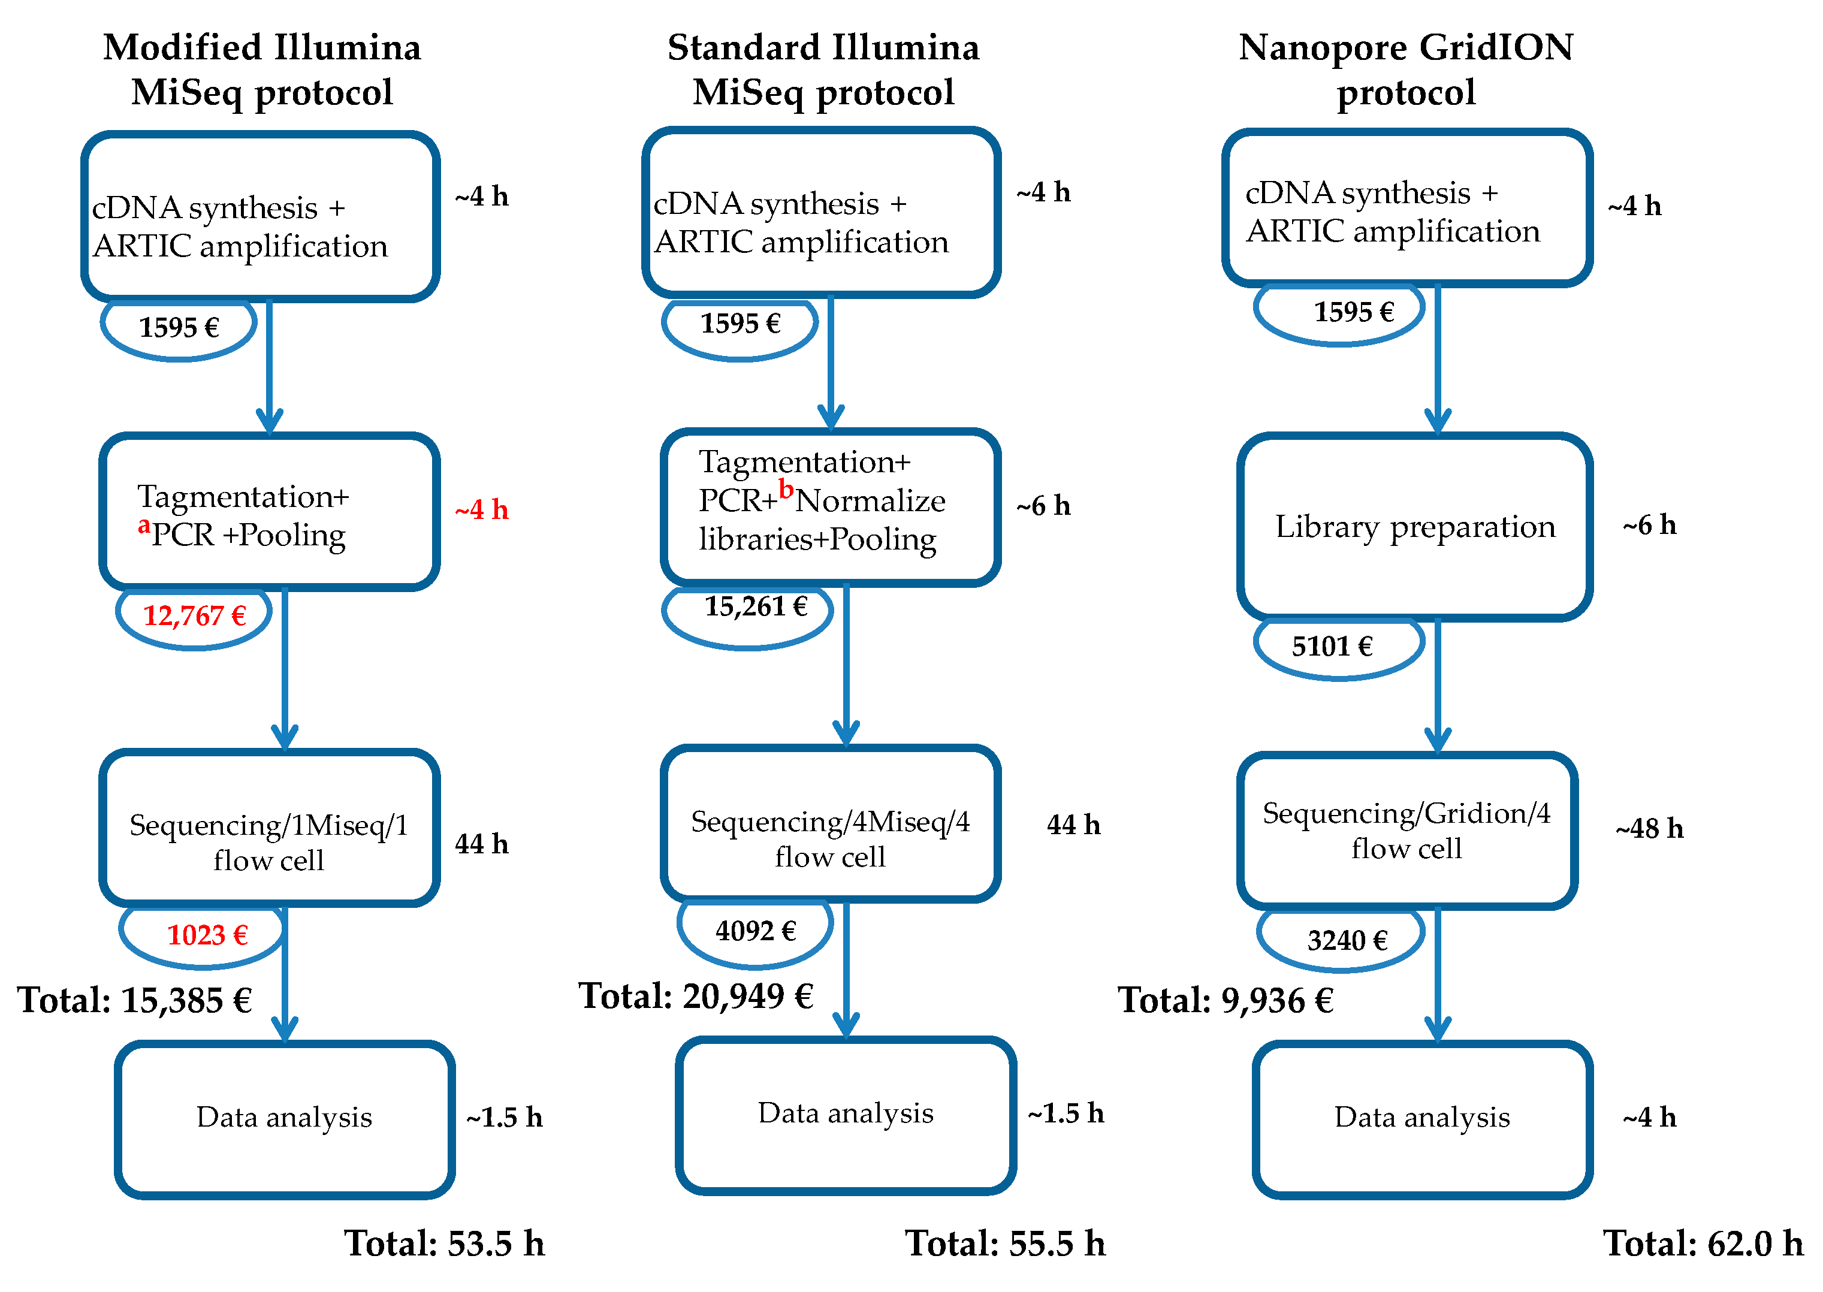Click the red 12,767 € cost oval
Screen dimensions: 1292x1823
(194, 617)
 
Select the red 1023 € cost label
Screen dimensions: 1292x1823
(206, 935)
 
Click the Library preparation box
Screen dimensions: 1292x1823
(1414, 527)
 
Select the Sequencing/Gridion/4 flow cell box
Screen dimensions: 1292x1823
(1407, 831)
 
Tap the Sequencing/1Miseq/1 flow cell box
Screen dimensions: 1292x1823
(269, 828)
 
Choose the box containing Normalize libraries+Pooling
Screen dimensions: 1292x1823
(829, 505)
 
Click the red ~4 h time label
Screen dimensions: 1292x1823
(481, 510)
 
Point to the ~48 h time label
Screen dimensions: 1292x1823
(1649, 829)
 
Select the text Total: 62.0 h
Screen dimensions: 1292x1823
(1702, 1244)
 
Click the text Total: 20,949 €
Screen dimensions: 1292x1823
(695, 996)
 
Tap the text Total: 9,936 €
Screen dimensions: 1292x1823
(1225, 1001)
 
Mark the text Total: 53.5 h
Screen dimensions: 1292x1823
(444, 1244)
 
